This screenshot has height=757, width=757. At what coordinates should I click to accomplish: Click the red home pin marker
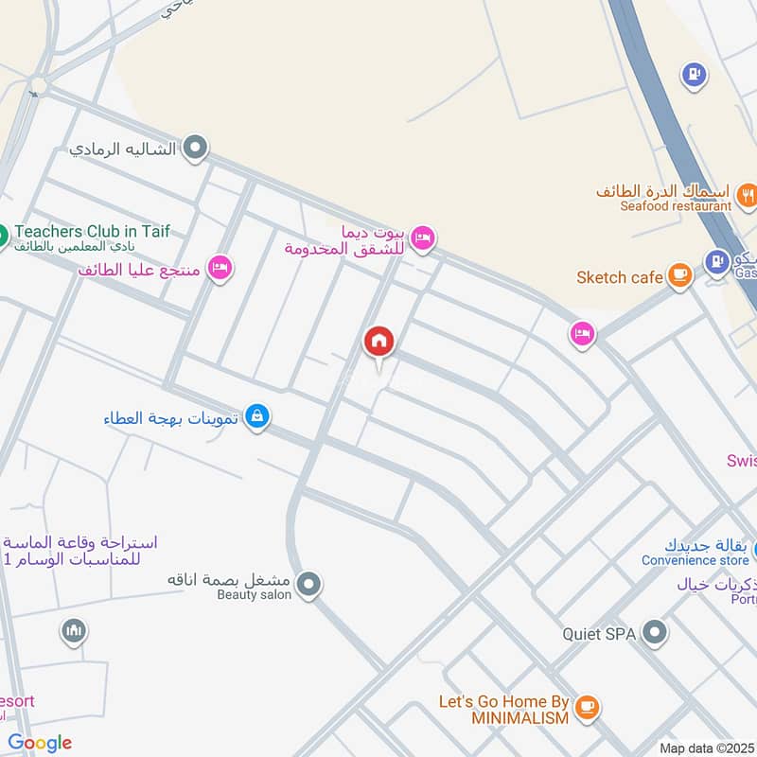tap(378, 342)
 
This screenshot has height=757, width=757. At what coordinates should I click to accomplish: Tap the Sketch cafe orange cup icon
tap(678, 275)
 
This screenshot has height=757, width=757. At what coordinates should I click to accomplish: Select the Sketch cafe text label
tap(620, 277)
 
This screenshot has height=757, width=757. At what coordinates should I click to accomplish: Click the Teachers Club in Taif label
tap(92, 231)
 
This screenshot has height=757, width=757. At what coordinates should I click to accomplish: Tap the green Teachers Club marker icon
tap(2, 233)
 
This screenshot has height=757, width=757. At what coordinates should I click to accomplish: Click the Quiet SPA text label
tap(599, 634)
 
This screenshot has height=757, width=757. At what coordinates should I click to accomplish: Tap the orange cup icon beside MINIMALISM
tap(588, 706)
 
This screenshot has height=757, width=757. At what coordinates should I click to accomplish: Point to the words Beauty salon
tap(254, 594)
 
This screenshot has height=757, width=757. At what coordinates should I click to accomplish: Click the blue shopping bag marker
tap(256, 416)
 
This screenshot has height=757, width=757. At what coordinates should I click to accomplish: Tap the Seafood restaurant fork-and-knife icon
tap(748, 196)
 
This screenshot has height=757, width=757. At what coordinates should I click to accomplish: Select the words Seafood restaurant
tap(676, 206)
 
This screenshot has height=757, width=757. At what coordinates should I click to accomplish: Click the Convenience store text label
tap(695, 560)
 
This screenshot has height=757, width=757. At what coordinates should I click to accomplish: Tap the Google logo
tap(40, 743)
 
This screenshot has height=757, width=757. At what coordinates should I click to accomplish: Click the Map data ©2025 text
tap(705, 748)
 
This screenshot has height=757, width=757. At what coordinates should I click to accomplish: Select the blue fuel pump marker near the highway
tap(695, 74)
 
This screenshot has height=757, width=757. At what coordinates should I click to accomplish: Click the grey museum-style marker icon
tap(74, 630)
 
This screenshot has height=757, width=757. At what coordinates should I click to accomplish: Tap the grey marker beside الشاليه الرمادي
tap(196, 148)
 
